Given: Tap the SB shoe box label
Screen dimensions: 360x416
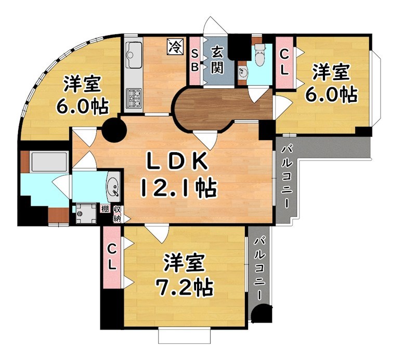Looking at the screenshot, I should click(194, 60).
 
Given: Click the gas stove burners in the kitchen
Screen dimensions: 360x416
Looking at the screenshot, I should click(134, 98).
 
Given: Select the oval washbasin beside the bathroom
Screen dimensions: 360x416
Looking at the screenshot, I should click(113, 186).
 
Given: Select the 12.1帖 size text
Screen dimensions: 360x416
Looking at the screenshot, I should click(177, 188).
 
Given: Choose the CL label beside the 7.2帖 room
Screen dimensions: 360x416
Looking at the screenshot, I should click(112, 256).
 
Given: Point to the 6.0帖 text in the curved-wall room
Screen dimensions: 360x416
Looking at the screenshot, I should click(82, 106).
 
